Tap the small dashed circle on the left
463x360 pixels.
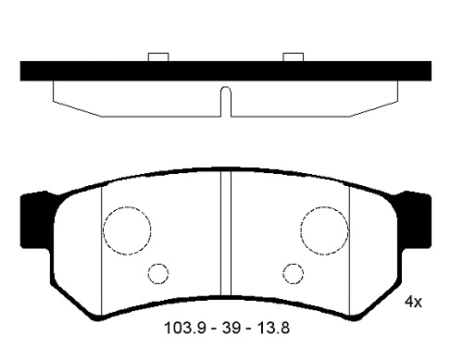(x=158, y=273)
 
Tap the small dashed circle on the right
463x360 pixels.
(x=293, y=273)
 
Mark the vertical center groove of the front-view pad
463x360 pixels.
(x=225, y=241)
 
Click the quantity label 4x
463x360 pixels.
(x=413, y=303)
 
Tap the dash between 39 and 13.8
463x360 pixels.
(x=246, y=329)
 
